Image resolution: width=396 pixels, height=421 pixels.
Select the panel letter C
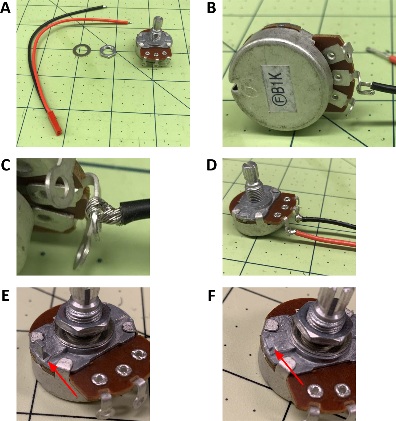click(x=5, y=165)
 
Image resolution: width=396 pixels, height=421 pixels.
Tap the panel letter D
click(x=212, y=165)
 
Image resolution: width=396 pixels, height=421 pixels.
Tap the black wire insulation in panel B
click(x=384, y=88)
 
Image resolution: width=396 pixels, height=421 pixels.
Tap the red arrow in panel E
click(x=63, y=378)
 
